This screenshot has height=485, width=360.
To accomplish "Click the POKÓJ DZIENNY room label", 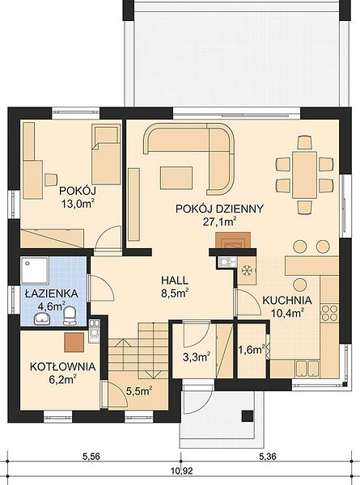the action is point(219,209).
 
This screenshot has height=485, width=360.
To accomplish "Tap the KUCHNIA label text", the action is point(287,300).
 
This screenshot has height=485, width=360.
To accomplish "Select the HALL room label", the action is point(175,280).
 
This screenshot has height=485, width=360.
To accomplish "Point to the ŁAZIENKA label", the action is point(52,293).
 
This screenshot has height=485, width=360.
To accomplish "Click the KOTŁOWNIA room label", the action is point(62,367).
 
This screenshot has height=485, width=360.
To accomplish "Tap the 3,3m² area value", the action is point(197,357).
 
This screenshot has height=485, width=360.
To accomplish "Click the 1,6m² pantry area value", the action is point(252,349).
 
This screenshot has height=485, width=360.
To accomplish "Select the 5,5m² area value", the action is point(138,391).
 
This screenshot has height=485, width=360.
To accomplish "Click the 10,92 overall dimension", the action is point(182,470).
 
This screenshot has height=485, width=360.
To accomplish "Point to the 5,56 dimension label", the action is point(91,456).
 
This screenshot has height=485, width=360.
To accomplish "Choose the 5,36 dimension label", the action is point(267,456).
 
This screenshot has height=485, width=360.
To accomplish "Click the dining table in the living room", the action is point(305,175).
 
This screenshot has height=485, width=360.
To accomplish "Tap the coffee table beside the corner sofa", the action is point(176,178).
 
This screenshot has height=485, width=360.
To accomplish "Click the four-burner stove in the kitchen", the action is point(329,313).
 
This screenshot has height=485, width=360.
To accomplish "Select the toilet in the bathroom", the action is point(70,315).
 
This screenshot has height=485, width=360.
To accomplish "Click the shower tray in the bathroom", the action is point(34,271).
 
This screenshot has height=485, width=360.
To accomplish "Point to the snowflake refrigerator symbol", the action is point(247,271).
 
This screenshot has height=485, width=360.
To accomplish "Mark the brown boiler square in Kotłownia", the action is point(74,343).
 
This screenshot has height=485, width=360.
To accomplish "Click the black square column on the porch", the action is point(248,416).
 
